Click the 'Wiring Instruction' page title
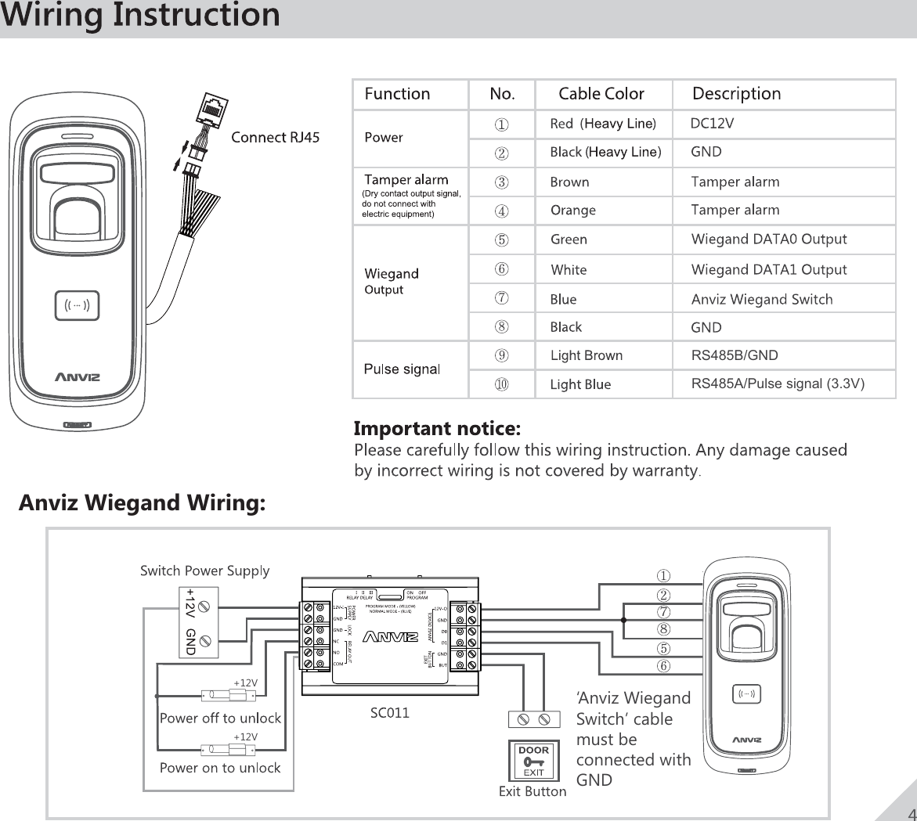(140, 16)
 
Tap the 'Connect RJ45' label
(275, 139)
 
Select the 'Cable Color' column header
(601, 95)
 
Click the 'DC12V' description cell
(712, 123)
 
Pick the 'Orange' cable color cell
(573, 211)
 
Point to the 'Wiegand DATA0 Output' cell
(769, 239)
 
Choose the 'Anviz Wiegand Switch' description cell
(762, 300)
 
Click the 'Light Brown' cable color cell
(587, 356)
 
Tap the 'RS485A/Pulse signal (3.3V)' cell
(778, 383)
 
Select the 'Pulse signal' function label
(403, 369)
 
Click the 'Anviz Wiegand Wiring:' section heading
(142, 502)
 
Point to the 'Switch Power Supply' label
(204, 571)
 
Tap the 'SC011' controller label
(389, 713)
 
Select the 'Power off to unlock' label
(220, 718)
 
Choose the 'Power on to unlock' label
(220, 768)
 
